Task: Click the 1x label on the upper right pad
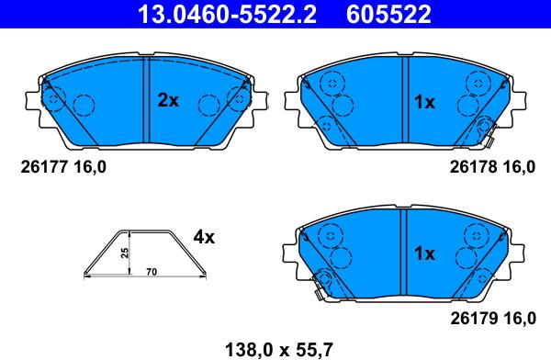point(423,102)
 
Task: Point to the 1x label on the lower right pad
point(423,253)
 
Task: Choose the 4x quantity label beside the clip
point(203,237)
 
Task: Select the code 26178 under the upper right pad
point(469,166)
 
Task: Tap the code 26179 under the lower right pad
point(469,318)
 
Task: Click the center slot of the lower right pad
point(402,252)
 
